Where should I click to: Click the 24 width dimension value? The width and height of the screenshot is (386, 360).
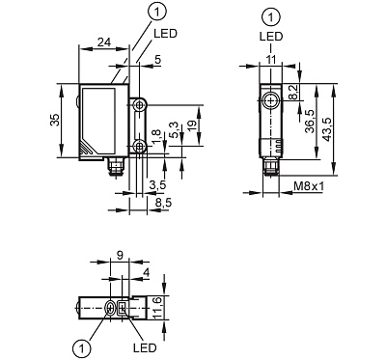104,42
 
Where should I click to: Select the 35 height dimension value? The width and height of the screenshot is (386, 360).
55,120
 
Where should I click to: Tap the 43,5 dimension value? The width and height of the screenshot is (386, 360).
327,128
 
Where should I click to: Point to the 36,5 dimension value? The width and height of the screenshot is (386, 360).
310,122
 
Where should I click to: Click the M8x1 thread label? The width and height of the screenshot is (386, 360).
309,186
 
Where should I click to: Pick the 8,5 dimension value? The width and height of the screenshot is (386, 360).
164,203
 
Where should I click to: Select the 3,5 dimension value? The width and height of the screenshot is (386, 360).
157,185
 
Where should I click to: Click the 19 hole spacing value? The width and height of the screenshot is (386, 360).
192,125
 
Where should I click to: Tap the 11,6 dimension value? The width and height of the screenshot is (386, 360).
156,308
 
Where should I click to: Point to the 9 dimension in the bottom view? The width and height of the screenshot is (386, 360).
120,256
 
